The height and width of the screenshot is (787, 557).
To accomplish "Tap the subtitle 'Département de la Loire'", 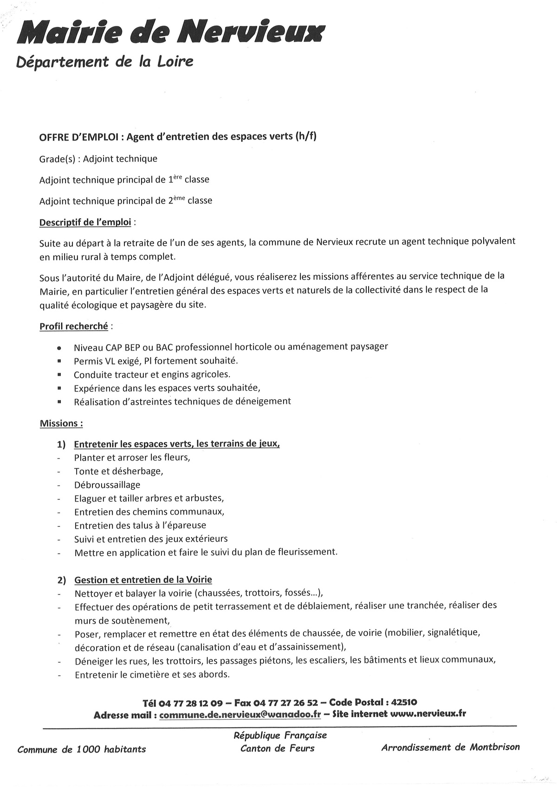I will (104, 62).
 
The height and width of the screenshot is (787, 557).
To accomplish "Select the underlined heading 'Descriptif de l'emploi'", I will (85, 223).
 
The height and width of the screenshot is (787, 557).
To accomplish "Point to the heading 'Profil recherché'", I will (73, 326).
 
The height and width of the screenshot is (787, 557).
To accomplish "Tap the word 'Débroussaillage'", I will (107, 485).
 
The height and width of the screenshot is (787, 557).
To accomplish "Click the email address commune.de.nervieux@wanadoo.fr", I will (240, 715).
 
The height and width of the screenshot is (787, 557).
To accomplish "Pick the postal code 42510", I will (404, 702).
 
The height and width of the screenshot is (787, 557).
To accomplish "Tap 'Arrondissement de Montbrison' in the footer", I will (450, 747).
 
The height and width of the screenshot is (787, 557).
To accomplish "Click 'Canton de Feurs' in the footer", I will (277, 748).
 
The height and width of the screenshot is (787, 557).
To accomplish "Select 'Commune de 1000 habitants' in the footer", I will (81, 749).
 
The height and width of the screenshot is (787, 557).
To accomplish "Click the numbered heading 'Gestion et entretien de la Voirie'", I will (143, 580).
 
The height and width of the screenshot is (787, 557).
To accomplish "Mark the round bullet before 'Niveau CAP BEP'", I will (59, 347).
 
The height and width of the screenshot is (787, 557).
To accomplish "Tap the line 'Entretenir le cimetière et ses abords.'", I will (152, 675).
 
